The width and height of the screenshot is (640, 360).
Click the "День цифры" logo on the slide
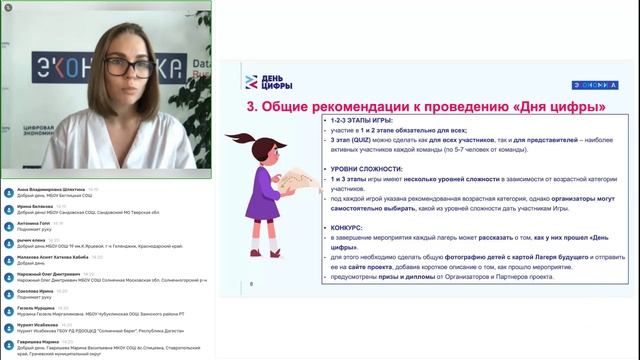(x=265, y=81)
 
